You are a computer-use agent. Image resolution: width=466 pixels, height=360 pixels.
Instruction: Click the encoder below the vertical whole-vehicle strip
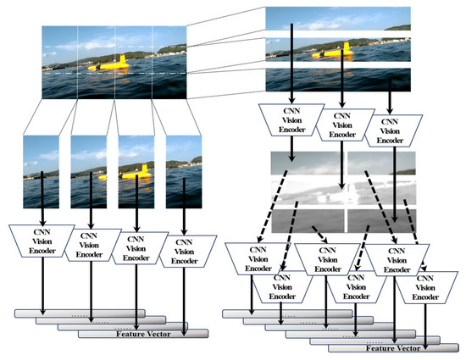(x=136, y=245)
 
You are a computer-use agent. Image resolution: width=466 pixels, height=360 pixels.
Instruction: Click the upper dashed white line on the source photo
(x=114, y=46)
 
